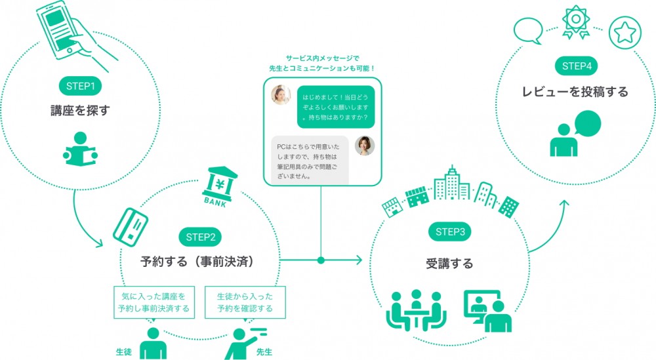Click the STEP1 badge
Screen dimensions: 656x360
80,86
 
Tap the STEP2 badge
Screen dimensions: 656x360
200,237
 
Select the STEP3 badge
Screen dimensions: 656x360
450,232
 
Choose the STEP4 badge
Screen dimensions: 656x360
577,66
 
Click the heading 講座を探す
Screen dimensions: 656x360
80,110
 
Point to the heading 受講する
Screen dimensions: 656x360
449,264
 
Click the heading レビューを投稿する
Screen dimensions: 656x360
575,92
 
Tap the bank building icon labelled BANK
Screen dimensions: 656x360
219,187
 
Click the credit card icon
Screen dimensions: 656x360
131,227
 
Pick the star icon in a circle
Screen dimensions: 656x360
625,33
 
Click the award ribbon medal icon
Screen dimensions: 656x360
576,21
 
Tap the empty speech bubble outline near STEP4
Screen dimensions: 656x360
528,31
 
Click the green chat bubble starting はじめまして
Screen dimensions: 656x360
335,107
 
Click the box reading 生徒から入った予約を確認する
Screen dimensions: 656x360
245,302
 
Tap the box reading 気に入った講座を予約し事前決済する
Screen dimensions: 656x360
154,302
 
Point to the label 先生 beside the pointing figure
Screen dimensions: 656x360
264,352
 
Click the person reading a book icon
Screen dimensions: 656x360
80,150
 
